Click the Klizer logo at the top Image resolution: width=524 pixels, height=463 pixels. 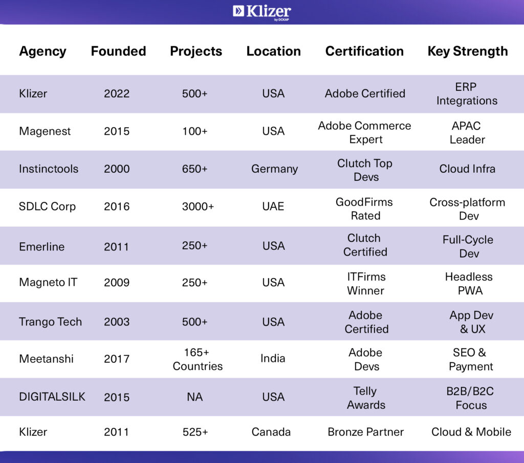click(261, 12)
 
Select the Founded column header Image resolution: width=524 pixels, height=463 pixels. click(118, 51)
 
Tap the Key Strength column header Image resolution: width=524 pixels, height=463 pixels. click(467, 51)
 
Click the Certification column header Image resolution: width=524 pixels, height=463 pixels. click(364, 51)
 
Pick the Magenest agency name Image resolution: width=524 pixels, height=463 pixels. click(45, 131)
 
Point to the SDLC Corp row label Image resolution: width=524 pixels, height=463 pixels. click(47, 206)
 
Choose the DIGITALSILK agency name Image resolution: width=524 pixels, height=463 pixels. click(52, 397)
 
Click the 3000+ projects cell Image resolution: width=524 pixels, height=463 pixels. click(195, 206)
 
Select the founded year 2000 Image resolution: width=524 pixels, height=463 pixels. click(117, 169)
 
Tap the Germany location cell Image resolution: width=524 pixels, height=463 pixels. click(274, 169)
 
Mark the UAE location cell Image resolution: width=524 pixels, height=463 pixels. click(273, 206)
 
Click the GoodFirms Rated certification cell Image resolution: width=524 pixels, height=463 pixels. click(364, 209)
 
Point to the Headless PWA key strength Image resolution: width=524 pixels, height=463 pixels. click(469, 284)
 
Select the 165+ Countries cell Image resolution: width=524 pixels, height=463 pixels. click(198, 359)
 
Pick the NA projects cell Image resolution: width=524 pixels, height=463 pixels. click(195, 397)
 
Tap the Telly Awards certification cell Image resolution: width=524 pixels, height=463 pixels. click(365, 398)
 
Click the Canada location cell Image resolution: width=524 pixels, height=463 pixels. click(271, 432)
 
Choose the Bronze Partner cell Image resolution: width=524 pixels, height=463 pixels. click(365, 432)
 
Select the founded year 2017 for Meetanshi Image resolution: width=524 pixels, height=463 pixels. click(117, 359)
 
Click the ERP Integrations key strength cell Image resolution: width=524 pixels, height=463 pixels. click(466, 94)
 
